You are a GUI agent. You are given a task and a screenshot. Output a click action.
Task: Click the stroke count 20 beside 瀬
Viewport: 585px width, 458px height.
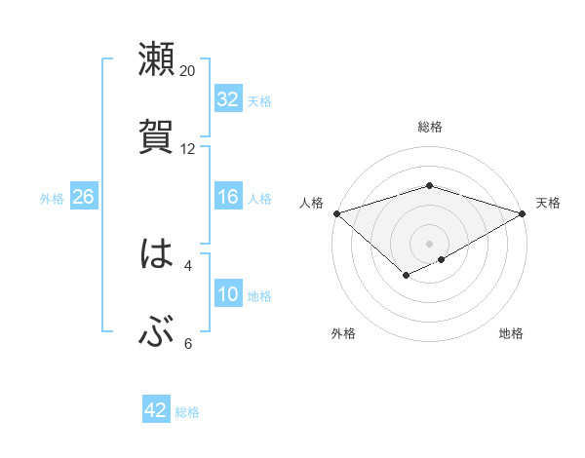(188, 71)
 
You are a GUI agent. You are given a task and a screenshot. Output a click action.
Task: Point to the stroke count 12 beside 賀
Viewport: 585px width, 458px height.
(188, 149)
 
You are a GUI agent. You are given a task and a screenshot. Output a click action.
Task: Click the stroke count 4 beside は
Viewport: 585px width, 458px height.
(188, 265)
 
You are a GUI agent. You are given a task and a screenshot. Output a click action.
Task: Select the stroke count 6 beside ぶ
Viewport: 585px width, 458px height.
(188, 343)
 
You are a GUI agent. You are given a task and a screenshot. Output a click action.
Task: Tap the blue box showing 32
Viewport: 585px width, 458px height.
(228, 99)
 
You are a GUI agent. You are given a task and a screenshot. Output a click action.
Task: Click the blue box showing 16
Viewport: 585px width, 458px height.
(228, 197)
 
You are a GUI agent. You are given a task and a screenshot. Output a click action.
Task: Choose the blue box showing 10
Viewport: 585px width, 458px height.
(228, 294)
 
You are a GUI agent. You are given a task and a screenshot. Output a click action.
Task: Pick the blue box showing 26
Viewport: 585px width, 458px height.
(83, 197)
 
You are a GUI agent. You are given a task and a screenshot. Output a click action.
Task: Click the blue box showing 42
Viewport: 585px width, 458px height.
(156, 410)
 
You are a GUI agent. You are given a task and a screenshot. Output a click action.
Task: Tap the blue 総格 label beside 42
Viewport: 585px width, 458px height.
(187, 412)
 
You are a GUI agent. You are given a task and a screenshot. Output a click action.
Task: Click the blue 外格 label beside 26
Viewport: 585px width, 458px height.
(52, 199)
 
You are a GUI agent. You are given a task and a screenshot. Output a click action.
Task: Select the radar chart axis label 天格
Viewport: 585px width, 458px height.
(548, 203)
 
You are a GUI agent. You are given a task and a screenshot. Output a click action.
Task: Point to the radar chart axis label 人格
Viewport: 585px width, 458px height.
(312, 203)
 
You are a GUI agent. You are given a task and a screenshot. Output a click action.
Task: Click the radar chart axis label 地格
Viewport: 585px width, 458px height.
(511, 333)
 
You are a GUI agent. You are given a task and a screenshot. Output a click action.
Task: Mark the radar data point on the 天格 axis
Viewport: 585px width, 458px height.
(524, 213)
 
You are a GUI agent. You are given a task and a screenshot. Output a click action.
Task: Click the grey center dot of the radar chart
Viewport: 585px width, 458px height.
(430, 243)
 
